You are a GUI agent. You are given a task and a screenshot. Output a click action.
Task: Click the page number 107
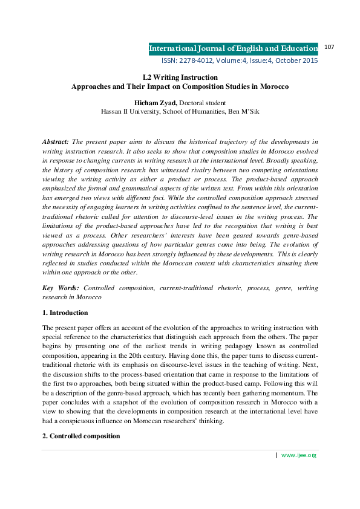coord(330,47)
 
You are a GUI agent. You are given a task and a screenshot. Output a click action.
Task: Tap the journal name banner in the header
coord(233,48)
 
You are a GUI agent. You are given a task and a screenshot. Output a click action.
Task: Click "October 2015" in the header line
coord(295,61)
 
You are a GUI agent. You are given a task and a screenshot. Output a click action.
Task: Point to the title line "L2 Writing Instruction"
coord(180,77)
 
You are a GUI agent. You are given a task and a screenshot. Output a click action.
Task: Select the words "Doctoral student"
coord(201,103)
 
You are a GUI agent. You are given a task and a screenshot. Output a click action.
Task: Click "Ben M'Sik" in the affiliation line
coord(242,112)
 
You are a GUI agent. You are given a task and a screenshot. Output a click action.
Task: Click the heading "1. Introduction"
coord(65,313)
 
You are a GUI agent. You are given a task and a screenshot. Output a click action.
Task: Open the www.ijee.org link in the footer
coord(299,472)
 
